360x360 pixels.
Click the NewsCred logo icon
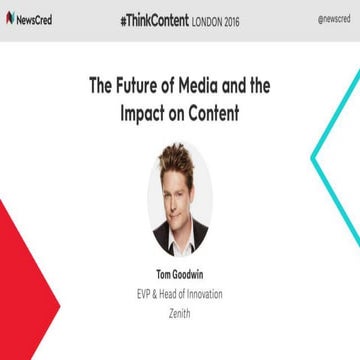pyautogui.click(x=10, y=18)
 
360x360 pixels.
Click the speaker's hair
pyautogui.click(x=179, y=155)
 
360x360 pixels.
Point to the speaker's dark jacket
pyautogui.click(x=160, y=240)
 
